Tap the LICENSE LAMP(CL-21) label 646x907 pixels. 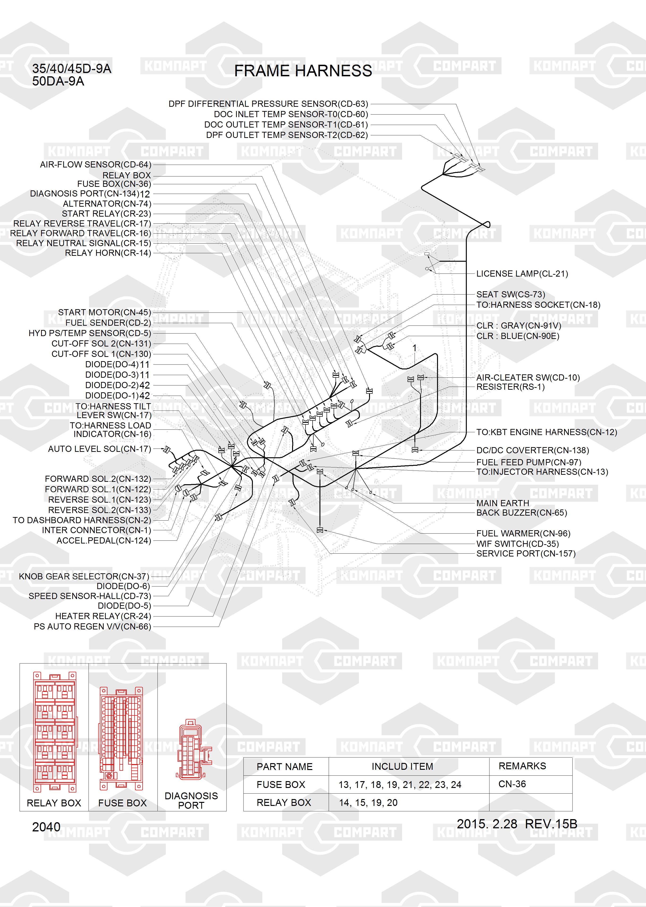coord(522,274)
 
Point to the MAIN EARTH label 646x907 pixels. coord(502,503)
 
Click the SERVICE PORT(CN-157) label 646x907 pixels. coord(526,554)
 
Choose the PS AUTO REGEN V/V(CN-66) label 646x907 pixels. coord(92,627)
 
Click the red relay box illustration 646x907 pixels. coord(55,731)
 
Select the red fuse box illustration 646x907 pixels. coord(121,738)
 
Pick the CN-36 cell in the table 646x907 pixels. coord(512,784)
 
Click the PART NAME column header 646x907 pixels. coord(285,766)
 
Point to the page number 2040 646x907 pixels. coord(46,827)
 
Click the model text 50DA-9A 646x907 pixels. coord(58,81)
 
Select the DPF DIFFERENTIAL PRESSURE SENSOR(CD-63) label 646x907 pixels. coord(268,104)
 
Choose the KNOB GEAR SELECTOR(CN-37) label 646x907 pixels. coord(84,576)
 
